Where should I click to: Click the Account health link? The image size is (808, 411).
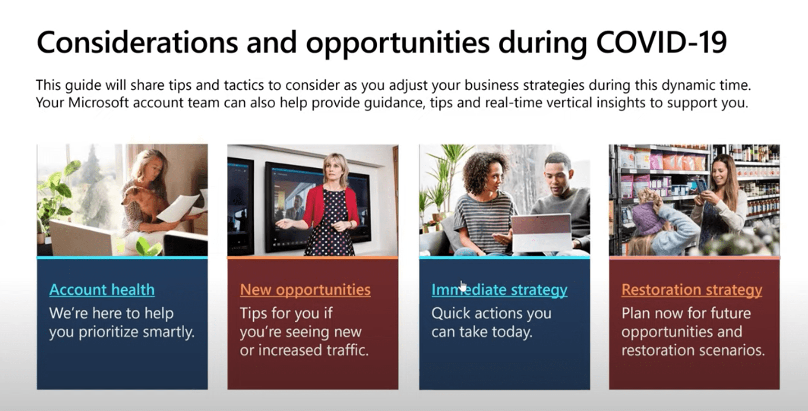(102, 290)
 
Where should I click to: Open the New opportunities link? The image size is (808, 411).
(305, 290)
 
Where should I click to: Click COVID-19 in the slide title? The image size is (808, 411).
(661, 42)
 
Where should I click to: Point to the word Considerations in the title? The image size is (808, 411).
(137, 42)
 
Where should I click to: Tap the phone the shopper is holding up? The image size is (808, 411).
(702, 185)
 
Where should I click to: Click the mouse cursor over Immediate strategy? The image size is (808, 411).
(463, 287)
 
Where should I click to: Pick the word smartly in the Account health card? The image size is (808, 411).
(169, 332)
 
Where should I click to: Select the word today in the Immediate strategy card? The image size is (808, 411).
(512, 332)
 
